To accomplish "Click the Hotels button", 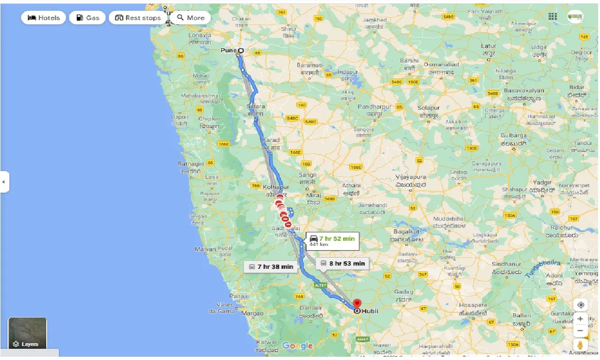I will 44,18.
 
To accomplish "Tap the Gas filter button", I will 87,18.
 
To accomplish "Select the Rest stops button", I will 138,18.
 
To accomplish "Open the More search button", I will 191,18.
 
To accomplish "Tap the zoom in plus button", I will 580,318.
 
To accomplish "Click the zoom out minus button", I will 580,331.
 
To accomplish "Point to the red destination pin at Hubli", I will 357,304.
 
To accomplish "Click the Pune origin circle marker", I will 241,50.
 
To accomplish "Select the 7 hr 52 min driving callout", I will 332,241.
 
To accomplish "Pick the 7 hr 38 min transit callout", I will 271,266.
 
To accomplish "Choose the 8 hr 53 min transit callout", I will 343,263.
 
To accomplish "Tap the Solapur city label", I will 429,108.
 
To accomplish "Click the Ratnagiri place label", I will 190,164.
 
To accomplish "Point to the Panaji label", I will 238,296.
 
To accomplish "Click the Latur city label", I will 488,46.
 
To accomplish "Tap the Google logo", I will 297,346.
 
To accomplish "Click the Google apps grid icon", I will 553,16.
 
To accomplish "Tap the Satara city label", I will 256,107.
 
